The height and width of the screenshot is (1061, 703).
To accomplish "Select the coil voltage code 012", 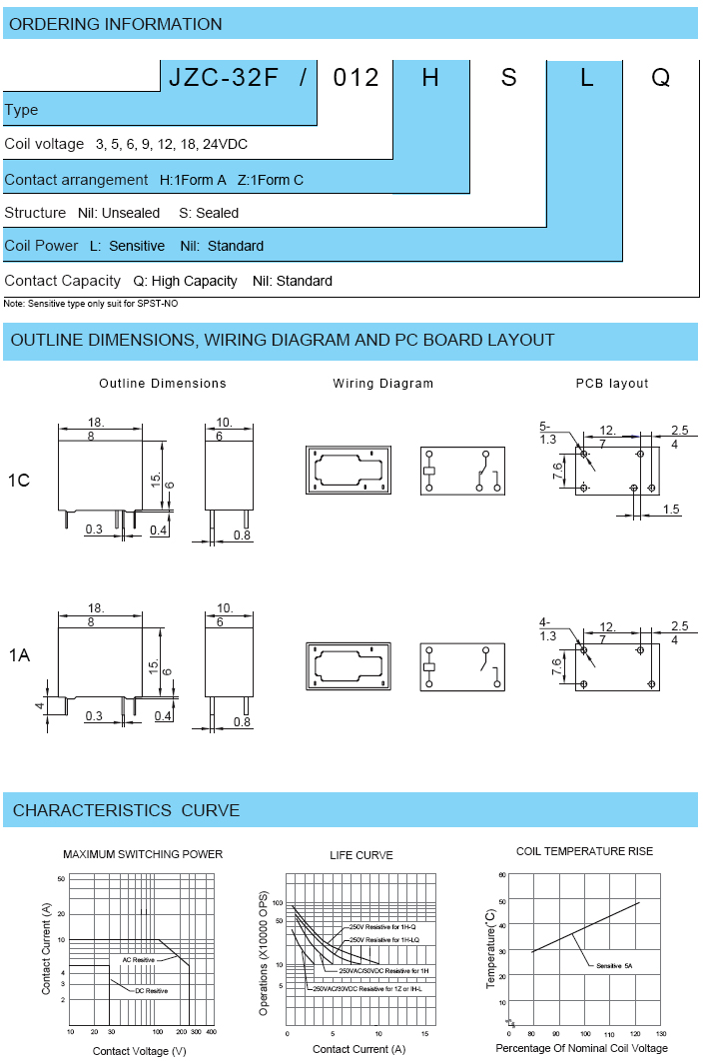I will pyautogui.click(x=355, y=77).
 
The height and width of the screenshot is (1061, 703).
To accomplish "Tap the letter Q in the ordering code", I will pyautogui.click(x=660, y=77).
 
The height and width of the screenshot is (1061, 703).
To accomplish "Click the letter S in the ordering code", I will pyautogui.click(x=509, y=77).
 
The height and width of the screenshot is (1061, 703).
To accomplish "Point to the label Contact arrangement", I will pyautogui.click(x=76, y=180).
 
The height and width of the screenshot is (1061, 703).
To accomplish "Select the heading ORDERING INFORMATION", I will pyautogui.click(x=116, y=24).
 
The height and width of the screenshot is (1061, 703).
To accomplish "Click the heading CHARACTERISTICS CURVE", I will pyautogui.click(x=126, y=810).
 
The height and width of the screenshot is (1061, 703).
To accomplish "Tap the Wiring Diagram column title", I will pyautogui.click(x=383, y=384).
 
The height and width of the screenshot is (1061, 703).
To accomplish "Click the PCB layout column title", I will pyautogui.click(x=612, y=384).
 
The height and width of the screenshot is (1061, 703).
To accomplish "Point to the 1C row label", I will pyautogui.click(x=19, y=481).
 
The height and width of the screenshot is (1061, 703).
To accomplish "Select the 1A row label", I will pyautogui.click(x=19, y=655).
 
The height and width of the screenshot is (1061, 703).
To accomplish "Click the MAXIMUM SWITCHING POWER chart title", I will pyautogui.click(x=143, y=854).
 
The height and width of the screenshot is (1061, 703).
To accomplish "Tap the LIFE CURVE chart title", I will pyautogui.click(x=361, y=855).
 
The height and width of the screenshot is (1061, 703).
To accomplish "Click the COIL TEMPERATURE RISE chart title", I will pyautogui.click(x=584, y=851).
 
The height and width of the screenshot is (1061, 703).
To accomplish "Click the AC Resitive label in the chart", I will pyautogui.click(x=139, y=959).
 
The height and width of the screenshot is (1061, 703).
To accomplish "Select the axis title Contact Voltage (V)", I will pyautogui.click(x=140, y=1051).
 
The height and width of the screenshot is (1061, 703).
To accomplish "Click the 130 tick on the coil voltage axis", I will pyautogui.click(x=661, y=1034).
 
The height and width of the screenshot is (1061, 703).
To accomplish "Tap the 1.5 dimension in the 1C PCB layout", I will pyautogui.click(x=670, y=510).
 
